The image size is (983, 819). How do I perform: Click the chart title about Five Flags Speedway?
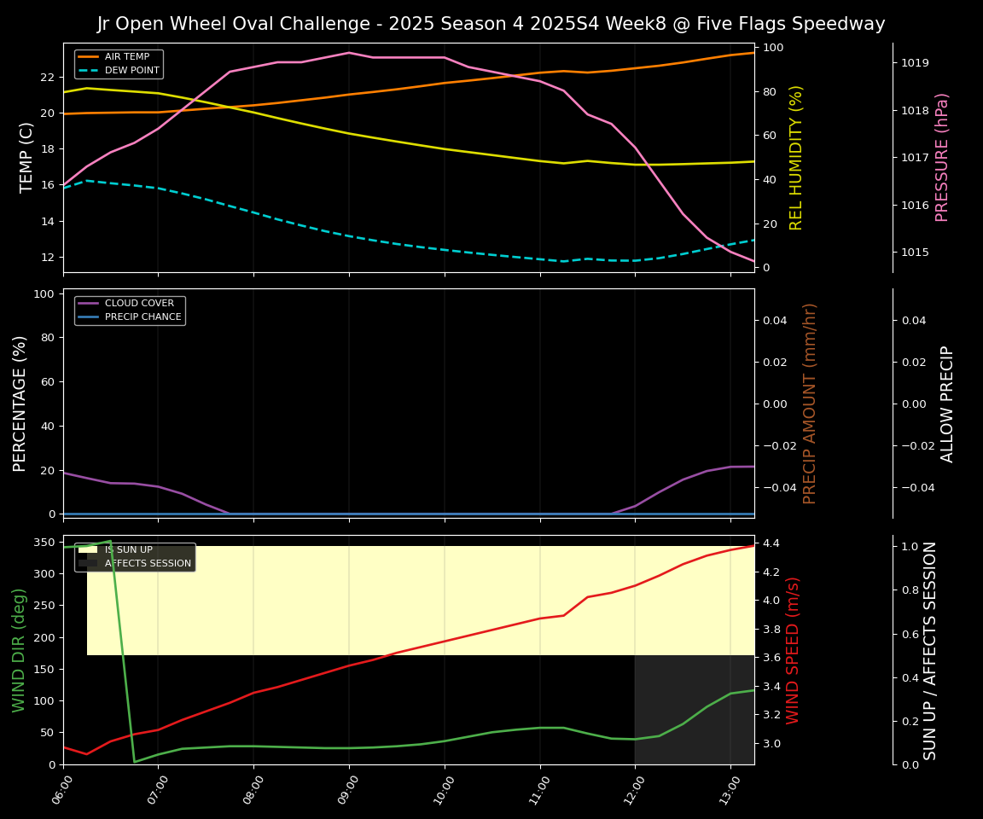point(491,24)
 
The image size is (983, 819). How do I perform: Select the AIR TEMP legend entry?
point(126,57)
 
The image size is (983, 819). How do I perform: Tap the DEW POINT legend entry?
point(131,70)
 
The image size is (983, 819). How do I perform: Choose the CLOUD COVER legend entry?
point(139,304)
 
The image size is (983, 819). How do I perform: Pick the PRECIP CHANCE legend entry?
point(143,317)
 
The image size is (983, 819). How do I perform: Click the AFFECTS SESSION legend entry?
point(148,563)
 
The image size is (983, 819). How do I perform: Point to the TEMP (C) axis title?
point(27,157)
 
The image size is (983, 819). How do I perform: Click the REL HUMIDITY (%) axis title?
point(796,157)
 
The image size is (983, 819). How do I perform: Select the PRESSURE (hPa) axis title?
point(942,157)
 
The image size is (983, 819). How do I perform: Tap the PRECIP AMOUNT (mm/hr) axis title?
point(810,403)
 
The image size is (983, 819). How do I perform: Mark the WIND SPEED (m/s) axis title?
point(793,650)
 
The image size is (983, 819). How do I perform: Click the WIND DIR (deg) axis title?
point(19,650)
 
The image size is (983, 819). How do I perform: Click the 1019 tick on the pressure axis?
point(915,63)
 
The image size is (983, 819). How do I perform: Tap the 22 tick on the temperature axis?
point(49,77)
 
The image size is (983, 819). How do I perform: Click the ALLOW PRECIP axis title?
point(947,403)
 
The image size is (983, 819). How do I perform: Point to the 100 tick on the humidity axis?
point(774,48)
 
